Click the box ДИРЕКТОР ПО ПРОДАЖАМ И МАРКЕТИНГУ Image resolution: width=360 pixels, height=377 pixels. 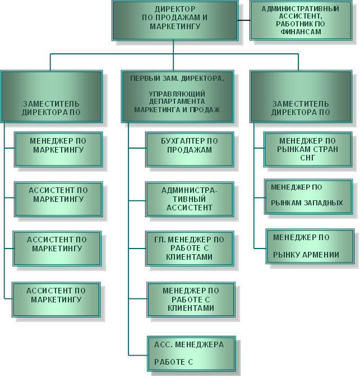point(174,20)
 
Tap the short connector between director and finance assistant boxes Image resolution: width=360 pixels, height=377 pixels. point(243,20)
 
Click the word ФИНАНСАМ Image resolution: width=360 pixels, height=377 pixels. point(302,33)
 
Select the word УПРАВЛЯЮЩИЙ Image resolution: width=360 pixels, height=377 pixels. point(177,93)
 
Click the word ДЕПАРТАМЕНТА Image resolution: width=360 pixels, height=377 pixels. point(177,102)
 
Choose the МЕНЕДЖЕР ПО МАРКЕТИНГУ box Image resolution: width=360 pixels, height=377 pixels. point(58,149)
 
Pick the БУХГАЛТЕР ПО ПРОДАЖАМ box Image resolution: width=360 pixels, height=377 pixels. point(190,149)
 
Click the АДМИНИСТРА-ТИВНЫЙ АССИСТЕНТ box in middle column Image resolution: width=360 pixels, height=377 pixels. point(190,199)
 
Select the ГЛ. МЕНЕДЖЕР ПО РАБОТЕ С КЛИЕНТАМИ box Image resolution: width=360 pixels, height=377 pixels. point(190,248)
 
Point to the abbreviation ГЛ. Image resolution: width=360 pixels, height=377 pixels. point(159,240)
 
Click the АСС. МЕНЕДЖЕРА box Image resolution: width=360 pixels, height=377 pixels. point(191,353)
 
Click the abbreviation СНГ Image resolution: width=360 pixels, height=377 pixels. point(308,158)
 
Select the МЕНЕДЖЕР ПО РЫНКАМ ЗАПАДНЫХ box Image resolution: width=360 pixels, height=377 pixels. point(308,196)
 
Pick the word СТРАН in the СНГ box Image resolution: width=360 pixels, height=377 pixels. point(322,150)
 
